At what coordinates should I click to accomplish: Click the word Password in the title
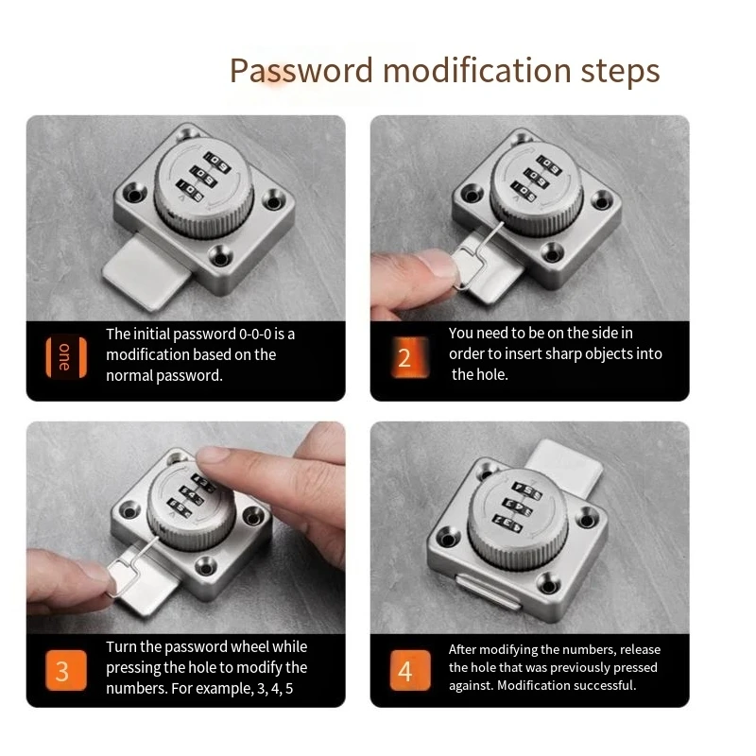pos(301,70)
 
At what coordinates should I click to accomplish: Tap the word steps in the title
pos(620,73)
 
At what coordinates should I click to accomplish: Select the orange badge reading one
pos(66,357)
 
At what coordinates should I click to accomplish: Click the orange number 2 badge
pos(410,357)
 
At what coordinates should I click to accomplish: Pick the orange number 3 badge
pos(66,671)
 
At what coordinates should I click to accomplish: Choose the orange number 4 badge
pos(410,671)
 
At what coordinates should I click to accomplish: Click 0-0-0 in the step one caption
pos(255,334)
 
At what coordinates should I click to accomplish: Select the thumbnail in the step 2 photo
pos(438,263)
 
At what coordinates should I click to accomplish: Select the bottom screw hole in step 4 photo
pos(548,584)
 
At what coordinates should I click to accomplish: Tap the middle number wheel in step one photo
pos(202,176)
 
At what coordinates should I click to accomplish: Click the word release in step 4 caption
pos(641,649)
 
